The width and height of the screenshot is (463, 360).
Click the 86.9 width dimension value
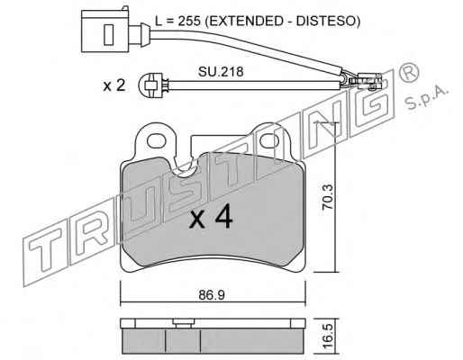(x=212, y=295)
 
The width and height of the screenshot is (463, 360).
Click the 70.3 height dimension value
(x=327, y=197)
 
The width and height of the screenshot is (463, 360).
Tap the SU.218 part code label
(x=221, y=72)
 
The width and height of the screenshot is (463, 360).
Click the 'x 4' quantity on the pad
(x=211, y=217)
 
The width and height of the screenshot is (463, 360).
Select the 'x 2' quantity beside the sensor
(x=114, y=85)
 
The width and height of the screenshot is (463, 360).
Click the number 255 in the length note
(x=189, y=21)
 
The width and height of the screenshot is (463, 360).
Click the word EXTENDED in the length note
(x=246, y=21)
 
